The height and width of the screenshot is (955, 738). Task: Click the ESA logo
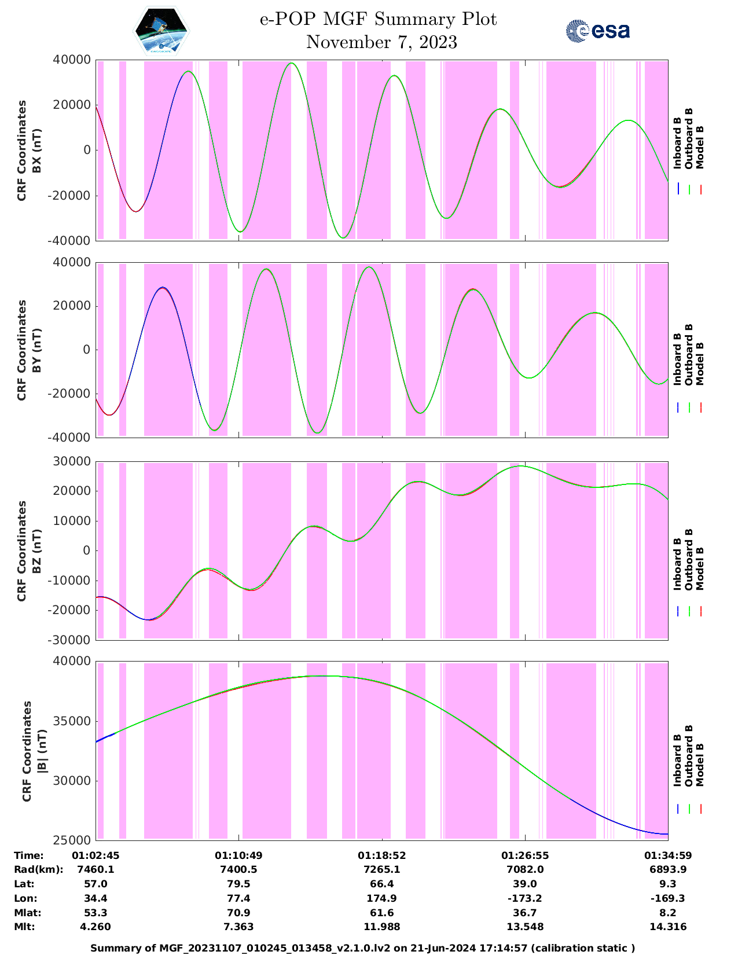click(597, 31)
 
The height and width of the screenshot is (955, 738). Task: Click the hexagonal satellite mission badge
click(161, 31)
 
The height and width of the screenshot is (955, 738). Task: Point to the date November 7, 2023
click(381, 42)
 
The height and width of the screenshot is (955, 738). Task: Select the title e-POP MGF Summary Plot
click(378, 19)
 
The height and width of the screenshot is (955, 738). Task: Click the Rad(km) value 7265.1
click(381, 869)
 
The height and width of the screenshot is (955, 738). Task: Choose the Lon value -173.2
click(525, 898)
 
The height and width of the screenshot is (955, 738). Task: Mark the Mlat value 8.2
click(668, 913)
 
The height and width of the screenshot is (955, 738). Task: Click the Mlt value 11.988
click(381, 927)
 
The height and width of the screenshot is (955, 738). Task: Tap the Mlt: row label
click(25, 927)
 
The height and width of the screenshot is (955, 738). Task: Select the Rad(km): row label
click(38, 869)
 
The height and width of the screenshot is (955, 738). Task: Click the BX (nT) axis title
click(36, 150)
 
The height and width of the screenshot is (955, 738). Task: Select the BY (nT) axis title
click(36, 350)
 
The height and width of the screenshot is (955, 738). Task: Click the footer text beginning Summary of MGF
click(363, 948)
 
